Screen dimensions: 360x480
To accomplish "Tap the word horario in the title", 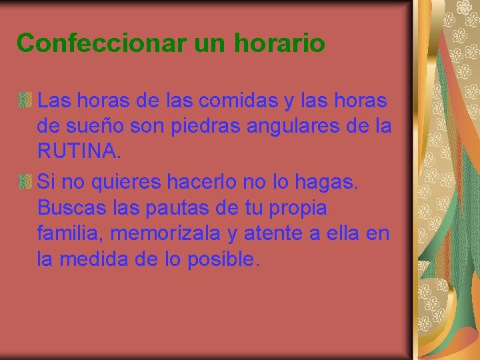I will click(x=280, y=43).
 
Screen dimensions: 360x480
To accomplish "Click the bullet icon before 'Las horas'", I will click(x=25, y=101).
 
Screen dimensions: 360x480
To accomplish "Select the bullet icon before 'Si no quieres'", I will click(x=25, y=181).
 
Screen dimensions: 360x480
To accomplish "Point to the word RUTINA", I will click(x=79, y=153).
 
